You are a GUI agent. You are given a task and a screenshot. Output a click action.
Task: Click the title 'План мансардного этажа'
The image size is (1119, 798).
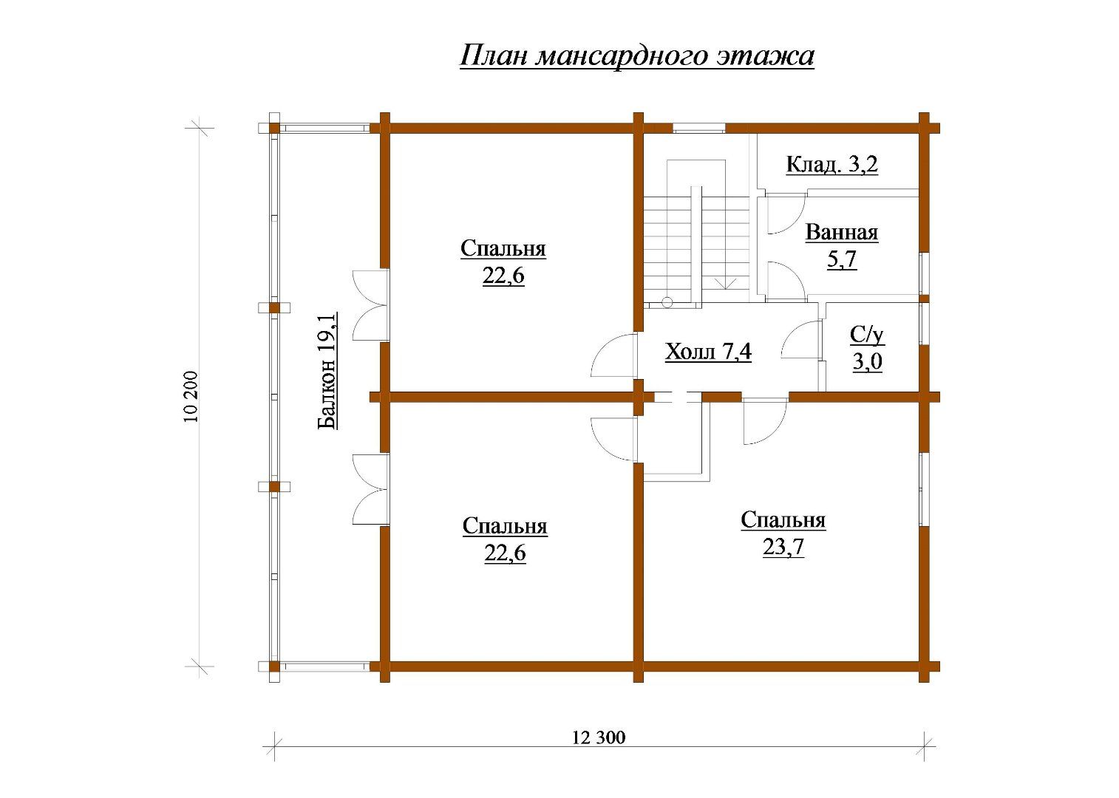pyautogui.click(x=636, y=56)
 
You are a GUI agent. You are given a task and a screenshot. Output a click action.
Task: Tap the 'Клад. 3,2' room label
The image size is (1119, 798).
pyautogui.click(x=831, y=164)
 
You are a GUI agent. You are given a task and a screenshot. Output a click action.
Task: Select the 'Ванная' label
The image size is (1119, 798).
pyautogui.click(x=841, y=233)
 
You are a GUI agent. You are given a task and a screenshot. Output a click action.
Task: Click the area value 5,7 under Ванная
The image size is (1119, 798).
pyautogui.click(x=842, y=259)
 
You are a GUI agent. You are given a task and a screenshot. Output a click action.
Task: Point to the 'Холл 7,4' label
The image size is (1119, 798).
pyautogui.click(x=708, y=352)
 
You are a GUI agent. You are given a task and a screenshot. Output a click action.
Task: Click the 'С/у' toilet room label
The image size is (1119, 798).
pyautogui.click(x=867, y=335)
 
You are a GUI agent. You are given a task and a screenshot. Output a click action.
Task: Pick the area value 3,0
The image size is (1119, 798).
pyautogui.click(x=867, y=362)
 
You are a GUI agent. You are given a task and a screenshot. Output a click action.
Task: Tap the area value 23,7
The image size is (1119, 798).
pyautogui.click(x=783, y=548)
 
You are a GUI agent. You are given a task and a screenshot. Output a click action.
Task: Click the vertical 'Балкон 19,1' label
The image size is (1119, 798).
pyautogui.click(x=327, y=371)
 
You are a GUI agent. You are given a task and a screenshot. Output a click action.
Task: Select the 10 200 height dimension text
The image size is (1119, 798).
pyautogui.click(x=191, y=397)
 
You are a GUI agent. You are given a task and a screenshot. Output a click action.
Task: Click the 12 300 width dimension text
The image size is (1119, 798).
pyautogui.click(x=599, y=737)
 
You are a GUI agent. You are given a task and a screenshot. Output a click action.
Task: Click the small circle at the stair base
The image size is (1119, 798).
pyautogui.click(x=667, y=301)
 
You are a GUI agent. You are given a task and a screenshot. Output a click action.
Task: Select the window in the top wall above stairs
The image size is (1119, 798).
pyautogui.click(x=699, y=128)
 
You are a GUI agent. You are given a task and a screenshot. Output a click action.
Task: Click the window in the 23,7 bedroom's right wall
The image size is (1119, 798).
pyautogui.click(x=924, y=489)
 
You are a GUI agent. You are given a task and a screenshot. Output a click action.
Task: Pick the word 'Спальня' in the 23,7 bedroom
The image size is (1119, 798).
pyautogui.click(x=783, y=520)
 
